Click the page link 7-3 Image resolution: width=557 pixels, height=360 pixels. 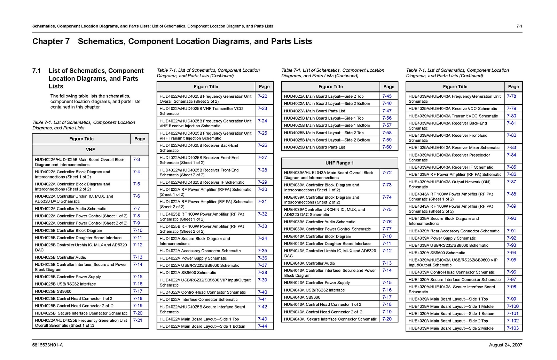(x=136, y=160)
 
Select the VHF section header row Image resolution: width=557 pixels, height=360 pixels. (x=90, y=150)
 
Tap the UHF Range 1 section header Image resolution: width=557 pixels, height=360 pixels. (x=339, y=163)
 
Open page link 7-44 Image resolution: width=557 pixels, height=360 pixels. (x=262, y=326)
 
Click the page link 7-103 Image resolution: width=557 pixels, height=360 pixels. (x=512, y=328)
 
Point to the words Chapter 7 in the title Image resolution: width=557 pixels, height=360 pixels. (x=51, y=41)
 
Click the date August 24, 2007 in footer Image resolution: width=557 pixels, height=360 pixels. (x=505, y=345)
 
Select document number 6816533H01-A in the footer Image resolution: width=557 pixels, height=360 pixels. (x=47, y=345)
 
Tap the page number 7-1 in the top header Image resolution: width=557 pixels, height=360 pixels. (x=519, y=26)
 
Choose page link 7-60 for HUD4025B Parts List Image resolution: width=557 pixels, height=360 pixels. (x=387, y=147)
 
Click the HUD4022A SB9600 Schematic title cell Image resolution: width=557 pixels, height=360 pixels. (x=188, y=273)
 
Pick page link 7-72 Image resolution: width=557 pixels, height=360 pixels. (x=387, y=173)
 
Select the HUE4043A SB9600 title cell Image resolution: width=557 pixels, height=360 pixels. (x=302, y=297)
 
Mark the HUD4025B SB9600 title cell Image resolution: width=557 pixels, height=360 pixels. (x=53, y=291)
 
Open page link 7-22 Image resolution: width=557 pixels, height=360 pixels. (x=262, y=96)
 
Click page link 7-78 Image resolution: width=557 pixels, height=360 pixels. (x=511, y=96)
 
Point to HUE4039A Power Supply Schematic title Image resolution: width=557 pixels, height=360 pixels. (x=442, y=238)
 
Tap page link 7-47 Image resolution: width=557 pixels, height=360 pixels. (x=387, y=111)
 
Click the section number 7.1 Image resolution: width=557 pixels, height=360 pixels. (x=37, y=71)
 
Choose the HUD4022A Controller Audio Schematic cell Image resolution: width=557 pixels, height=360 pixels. (x=70, y=209)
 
